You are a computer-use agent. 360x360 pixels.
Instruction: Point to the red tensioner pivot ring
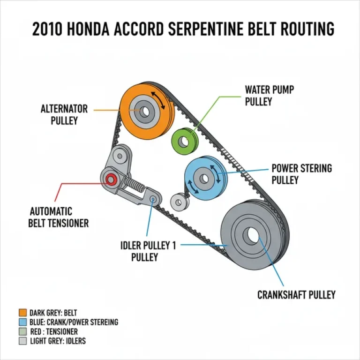point(112,179)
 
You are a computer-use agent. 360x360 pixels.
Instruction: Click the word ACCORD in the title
point(133,29)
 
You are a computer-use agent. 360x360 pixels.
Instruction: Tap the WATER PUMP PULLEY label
point(270,95)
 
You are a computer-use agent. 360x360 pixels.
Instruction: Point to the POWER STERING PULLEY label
point(301,173)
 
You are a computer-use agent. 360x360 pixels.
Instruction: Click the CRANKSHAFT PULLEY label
point(297,295)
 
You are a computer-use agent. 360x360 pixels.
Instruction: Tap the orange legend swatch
point(22,313)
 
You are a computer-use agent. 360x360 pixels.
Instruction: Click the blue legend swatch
point(22,322)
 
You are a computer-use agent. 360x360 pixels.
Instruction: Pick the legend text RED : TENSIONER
point(53,331)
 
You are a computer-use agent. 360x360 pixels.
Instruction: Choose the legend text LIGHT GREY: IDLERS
point(57,341)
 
